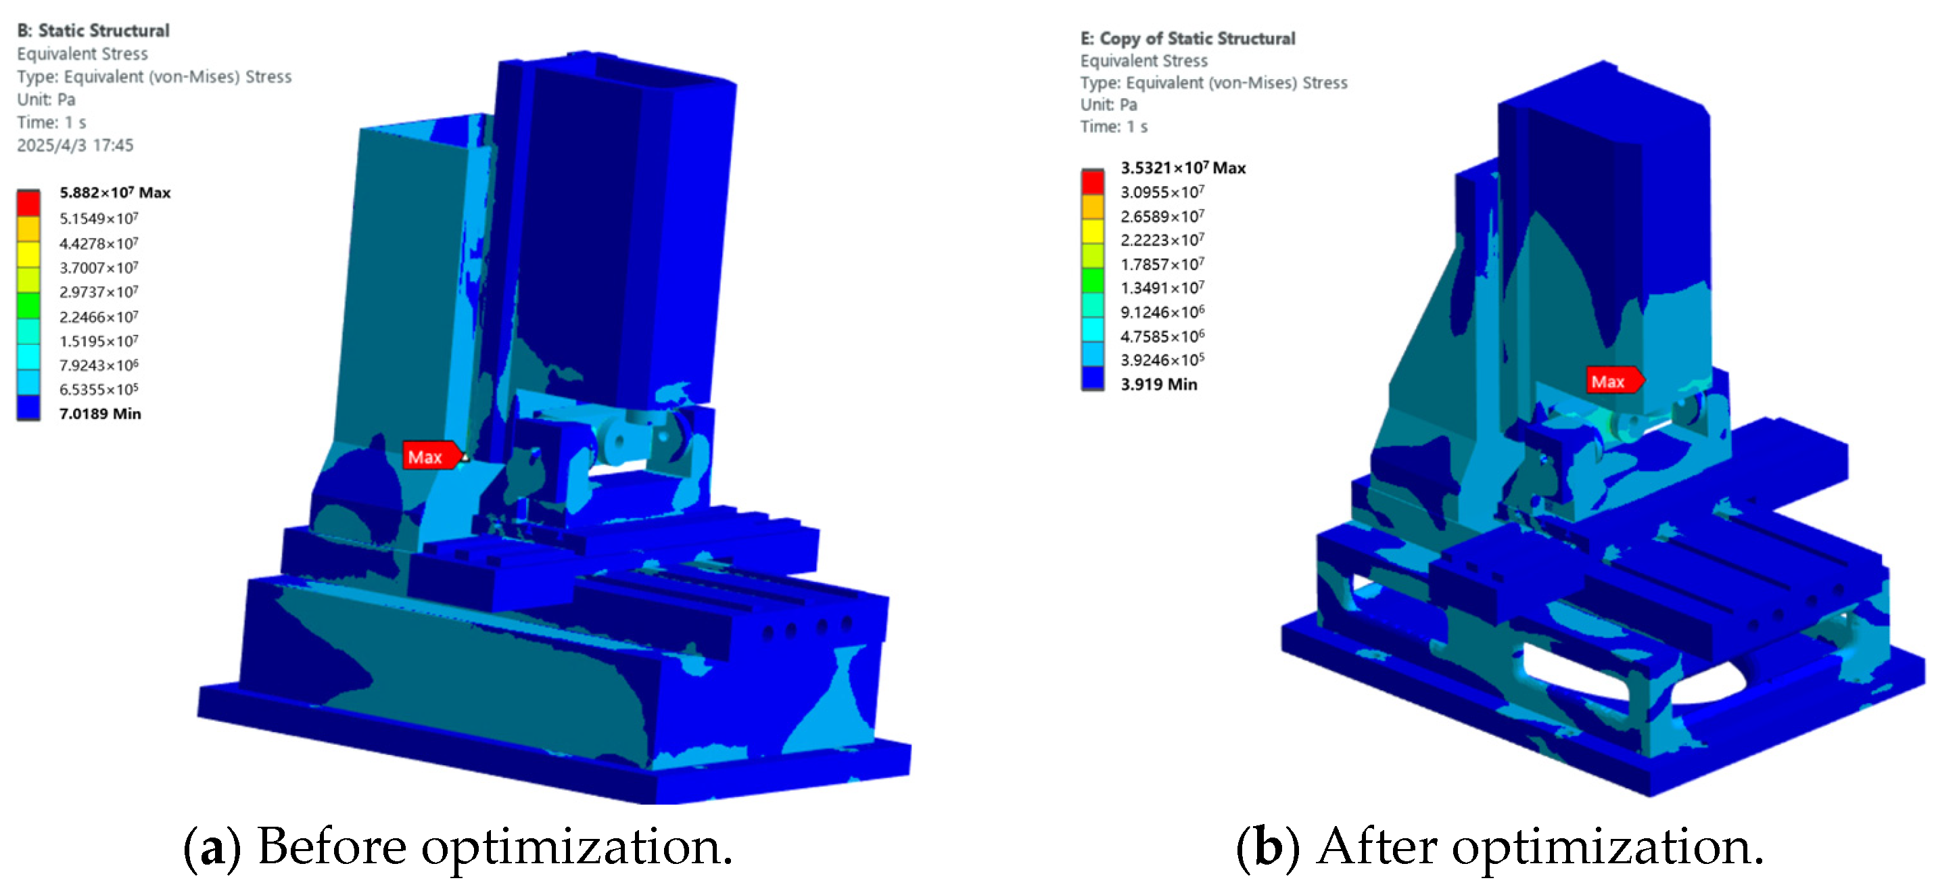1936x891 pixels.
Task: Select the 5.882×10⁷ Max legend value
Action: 115,193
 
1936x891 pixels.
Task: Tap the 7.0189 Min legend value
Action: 100,413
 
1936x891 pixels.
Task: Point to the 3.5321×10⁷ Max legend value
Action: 1183,168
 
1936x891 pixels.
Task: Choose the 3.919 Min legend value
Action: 1159,384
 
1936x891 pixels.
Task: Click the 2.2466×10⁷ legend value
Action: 99,317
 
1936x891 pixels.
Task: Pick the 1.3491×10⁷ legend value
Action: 1162,288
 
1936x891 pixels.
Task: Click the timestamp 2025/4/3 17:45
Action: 75,145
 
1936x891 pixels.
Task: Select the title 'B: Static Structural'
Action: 93,31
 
